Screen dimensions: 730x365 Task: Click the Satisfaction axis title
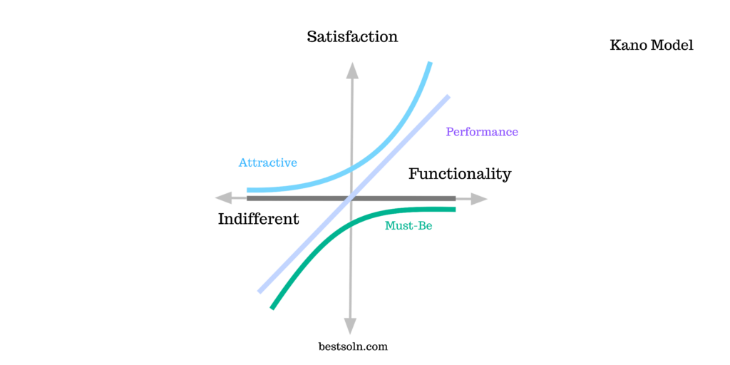[x=352, y=37]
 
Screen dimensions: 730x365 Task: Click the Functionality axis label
[x=460, y=174]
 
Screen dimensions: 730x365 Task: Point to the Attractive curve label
[x=268, y=163]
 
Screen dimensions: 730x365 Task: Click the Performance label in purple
[x=482, y=132]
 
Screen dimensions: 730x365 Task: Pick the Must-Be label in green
[x=408, y=226]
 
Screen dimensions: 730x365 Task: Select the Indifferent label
[x=258, y=219]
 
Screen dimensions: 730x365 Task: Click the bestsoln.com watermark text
[x=353, y=346]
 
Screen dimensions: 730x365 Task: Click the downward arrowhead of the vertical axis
[x=350, y=326]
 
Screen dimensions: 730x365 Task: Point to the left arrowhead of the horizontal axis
[x=223, y=198]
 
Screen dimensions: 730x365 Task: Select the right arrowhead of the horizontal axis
[x=478, y=199]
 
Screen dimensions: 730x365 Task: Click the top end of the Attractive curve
[x=430, y=63]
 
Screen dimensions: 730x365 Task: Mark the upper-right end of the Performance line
[x=449, y=96]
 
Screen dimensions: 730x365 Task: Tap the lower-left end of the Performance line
[x=259, y=292]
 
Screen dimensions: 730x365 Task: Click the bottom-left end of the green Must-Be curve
[x=272, y=308]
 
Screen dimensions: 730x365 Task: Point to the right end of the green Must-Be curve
[x=454, y=209]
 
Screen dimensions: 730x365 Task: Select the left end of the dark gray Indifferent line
[x=247, y=198]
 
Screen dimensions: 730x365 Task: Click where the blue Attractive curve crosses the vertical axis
[x=351, y=168]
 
